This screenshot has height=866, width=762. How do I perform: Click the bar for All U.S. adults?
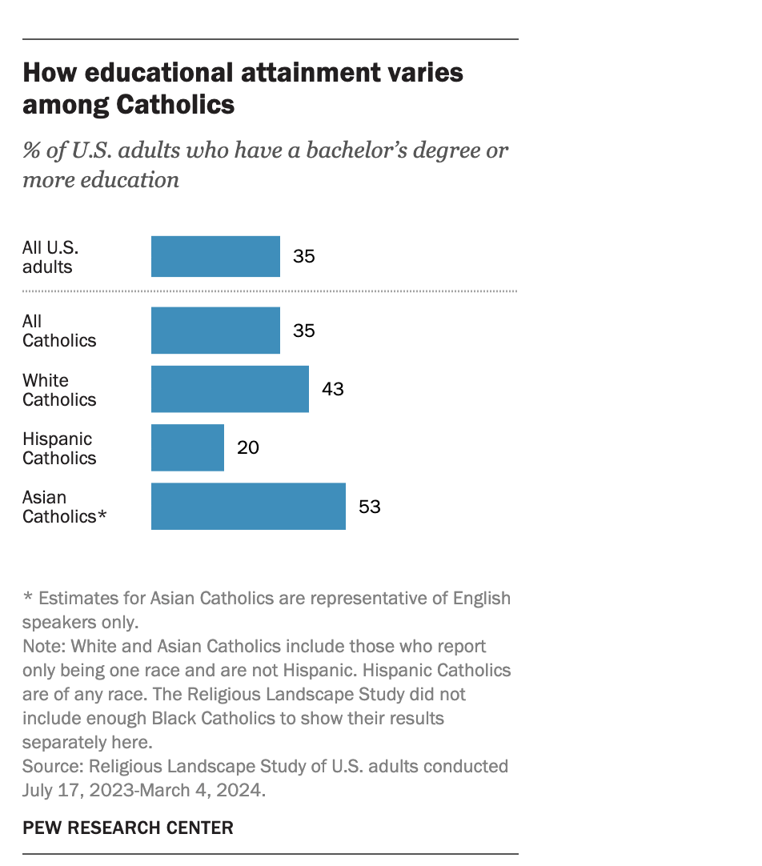point(215,256)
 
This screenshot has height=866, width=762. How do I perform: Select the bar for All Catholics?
point(215,331)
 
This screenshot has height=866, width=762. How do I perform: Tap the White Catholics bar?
point(230,389)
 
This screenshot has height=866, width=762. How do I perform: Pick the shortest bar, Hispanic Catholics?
point(187,447)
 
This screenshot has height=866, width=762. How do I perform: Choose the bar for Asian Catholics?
point(248,506)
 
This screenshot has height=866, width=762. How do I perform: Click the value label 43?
point(332,389)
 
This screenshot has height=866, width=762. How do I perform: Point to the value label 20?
point(248,447)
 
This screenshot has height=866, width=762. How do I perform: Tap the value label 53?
point(369,507)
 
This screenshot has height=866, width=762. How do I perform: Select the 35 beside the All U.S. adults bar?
point(304,256)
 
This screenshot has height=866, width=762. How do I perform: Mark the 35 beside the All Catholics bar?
point(304,331)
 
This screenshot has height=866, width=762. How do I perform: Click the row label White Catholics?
point(58,390)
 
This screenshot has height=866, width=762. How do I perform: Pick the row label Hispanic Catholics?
point(58,448)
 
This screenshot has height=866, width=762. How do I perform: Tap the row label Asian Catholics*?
point(64,507)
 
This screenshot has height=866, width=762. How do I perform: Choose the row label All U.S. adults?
point(50,257)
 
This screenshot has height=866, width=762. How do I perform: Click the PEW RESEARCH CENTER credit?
point(128,828)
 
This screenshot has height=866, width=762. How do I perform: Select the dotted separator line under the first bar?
point(270,291)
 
